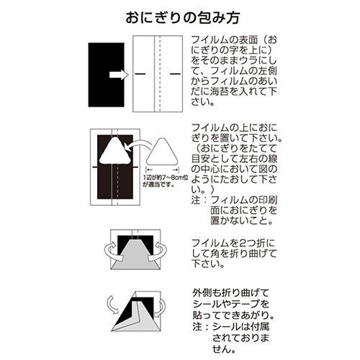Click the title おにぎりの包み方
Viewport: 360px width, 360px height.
(180, 16)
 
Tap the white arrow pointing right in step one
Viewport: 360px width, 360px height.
(117, 74)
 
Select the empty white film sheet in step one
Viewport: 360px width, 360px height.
(156, 74)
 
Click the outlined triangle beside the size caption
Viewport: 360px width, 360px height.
(163, 155)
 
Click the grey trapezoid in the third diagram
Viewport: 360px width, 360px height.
(135, 258)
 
